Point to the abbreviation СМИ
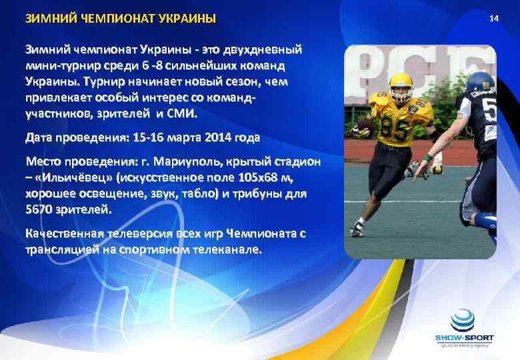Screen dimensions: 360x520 183,114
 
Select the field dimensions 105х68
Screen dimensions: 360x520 254,179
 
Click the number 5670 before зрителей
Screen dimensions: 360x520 39,211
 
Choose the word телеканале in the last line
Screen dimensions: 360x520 229,251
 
